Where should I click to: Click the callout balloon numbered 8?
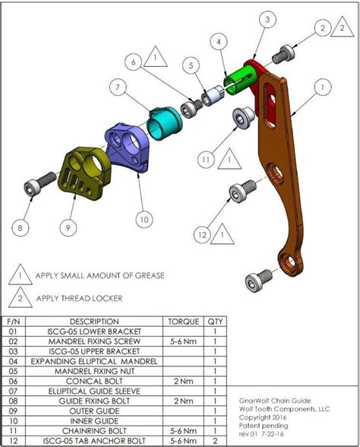coord(21,226)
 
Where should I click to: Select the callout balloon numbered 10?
coord(144,219)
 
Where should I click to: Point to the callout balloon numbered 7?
coord(118,87)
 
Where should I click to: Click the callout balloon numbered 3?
coord(267,21)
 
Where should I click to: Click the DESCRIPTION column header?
coord(94,322)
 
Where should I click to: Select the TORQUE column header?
coord(185,322)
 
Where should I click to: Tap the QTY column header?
coord(216,322)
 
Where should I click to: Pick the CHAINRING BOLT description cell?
coord(94,430)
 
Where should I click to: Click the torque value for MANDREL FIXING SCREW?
coord(185,341)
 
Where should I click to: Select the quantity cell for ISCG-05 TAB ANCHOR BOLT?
coord(216,440)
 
